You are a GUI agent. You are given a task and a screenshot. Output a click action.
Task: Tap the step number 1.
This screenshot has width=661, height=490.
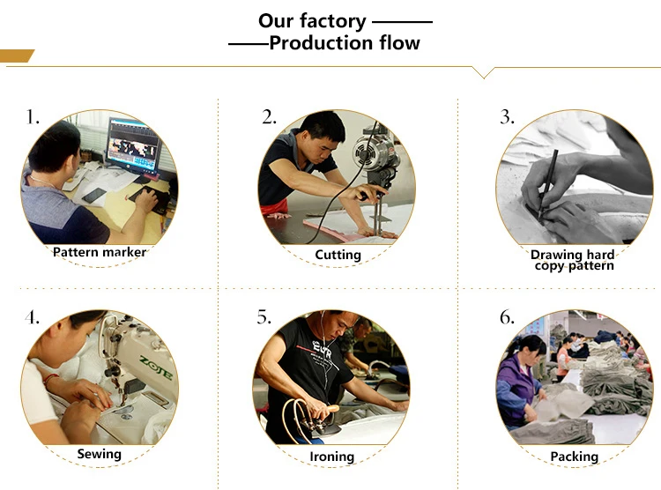pos(33,116)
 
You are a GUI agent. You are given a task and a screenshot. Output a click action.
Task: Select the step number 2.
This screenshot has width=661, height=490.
pos(269,116)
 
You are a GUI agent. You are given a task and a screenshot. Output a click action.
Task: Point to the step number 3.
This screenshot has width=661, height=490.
pos(507,116)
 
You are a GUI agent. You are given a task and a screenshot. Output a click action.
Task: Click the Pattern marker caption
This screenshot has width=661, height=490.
pos(100,252)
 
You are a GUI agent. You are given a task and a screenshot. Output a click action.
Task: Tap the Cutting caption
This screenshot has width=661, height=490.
pos(338,255)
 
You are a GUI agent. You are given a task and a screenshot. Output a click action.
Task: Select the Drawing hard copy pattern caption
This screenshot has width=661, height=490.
pos(574,260)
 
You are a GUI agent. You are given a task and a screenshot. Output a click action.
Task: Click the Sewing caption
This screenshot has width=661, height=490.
pos(100,455)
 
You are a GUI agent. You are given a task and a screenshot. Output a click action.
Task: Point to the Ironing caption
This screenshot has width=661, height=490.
pos(332,457)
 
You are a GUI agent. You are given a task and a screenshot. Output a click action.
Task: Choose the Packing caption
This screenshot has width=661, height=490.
pos(574,457)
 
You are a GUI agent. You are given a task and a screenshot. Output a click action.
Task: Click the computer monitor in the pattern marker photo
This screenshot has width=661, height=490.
pos(132,145)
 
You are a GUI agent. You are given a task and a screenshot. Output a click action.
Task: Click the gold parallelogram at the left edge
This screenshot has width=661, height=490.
pos(17,56)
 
